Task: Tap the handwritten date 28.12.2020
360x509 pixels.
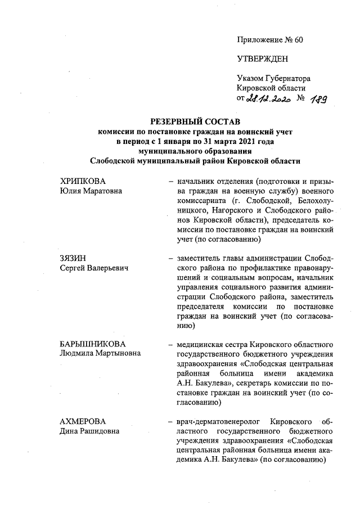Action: click(268, 100)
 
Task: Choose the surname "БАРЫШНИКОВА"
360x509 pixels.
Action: click(93, 344)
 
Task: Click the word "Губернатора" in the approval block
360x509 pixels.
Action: click(287, 79)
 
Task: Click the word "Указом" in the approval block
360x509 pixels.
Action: click(250, 79)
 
